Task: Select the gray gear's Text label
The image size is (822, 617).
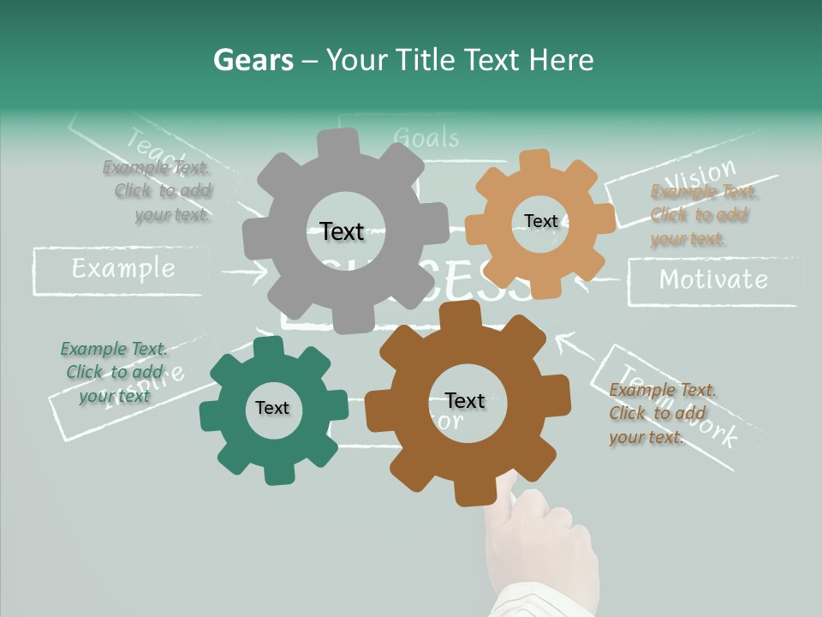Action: (342, 231)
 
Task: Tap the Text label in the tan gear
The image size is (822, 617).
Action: (540, 221)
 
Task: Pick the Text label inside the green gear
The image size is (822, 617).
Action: (272, 408)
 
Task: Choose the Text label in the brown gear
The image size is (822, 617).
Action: (465, 400)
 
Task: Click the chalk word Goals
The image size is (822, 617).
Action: (426, 137)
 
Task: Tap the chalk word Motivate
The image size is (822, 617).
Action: (712, 279)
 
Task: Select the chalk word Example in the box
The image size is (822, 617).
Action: (122, 269)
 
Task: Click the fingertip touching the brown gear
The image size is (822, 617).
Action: (510, 485)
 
